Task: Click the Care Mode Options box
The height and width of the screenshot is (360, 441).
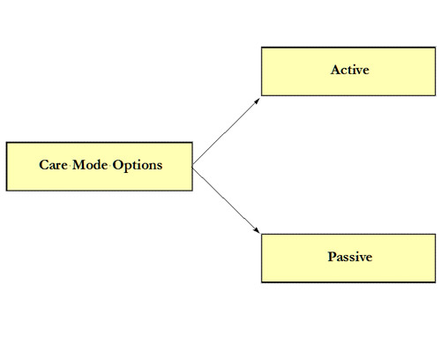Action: tap(100, 167)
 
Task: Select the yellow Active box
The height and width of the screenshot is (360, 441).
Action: tap(348, 71)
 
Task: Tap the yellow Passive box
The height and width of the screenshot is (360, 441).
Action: tap(348, 259)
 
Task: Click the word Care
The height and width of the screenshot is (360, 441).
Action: tap(53, 165)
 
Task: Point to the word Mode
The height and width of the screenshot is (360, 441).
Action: tap(90, 165)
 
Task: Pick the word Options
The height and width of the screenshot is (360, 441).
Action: tap(138, 166)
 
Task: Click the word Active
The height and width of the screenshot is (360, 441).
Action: tap(350, 70)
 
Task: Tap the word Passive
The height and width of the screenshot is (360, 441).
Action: tap(350, 257)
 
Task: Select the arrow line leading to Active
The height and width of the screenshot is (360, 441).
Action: tap(226, 132)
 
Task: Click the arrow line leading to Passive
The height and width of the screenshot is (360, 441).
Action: tap(226, 199)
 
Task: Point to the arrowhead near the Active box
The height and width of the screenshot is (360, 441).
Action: tap(258, 101)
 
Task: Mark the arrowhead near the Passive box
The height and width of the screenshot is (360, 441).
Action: tap(257, 230)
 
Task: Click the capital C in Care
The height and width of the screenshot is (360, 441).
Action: tap(43, 165)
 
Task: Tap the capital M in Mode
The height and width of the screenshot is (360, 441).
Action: tap(78, 165)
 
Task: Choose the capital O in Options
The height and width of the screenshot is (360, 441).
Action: tap(117, 165)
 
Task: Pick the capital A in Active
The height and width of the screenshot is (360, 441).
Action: tap(335, 70)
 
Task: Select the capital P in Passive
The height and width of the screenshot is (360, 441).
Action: tap(332, 257)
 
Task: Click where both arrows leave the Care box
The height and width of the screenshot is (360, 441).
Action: tap(192, 167)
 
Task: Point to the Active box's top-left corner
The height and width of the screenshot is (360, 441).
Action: tap(261, 47)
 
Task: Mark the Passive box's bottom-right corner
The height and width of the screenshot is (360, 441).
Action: tap(436, 282)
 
